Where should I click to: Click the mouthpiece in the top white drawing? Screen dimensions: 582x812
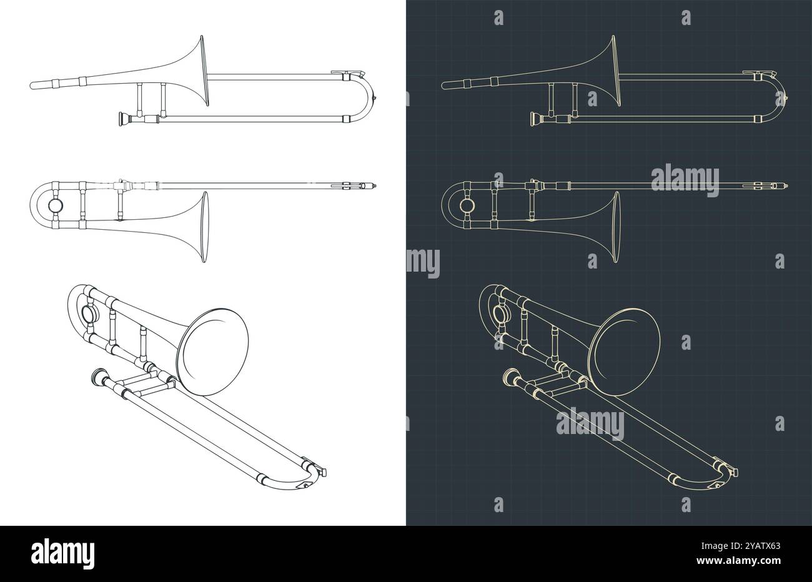(x=120, y=118)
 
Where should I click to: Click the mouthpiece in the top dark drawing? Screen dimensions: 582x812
(x=534, y=118)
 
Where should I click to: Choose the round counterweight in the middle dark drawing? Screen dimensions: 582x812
(x=467, y=205)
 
